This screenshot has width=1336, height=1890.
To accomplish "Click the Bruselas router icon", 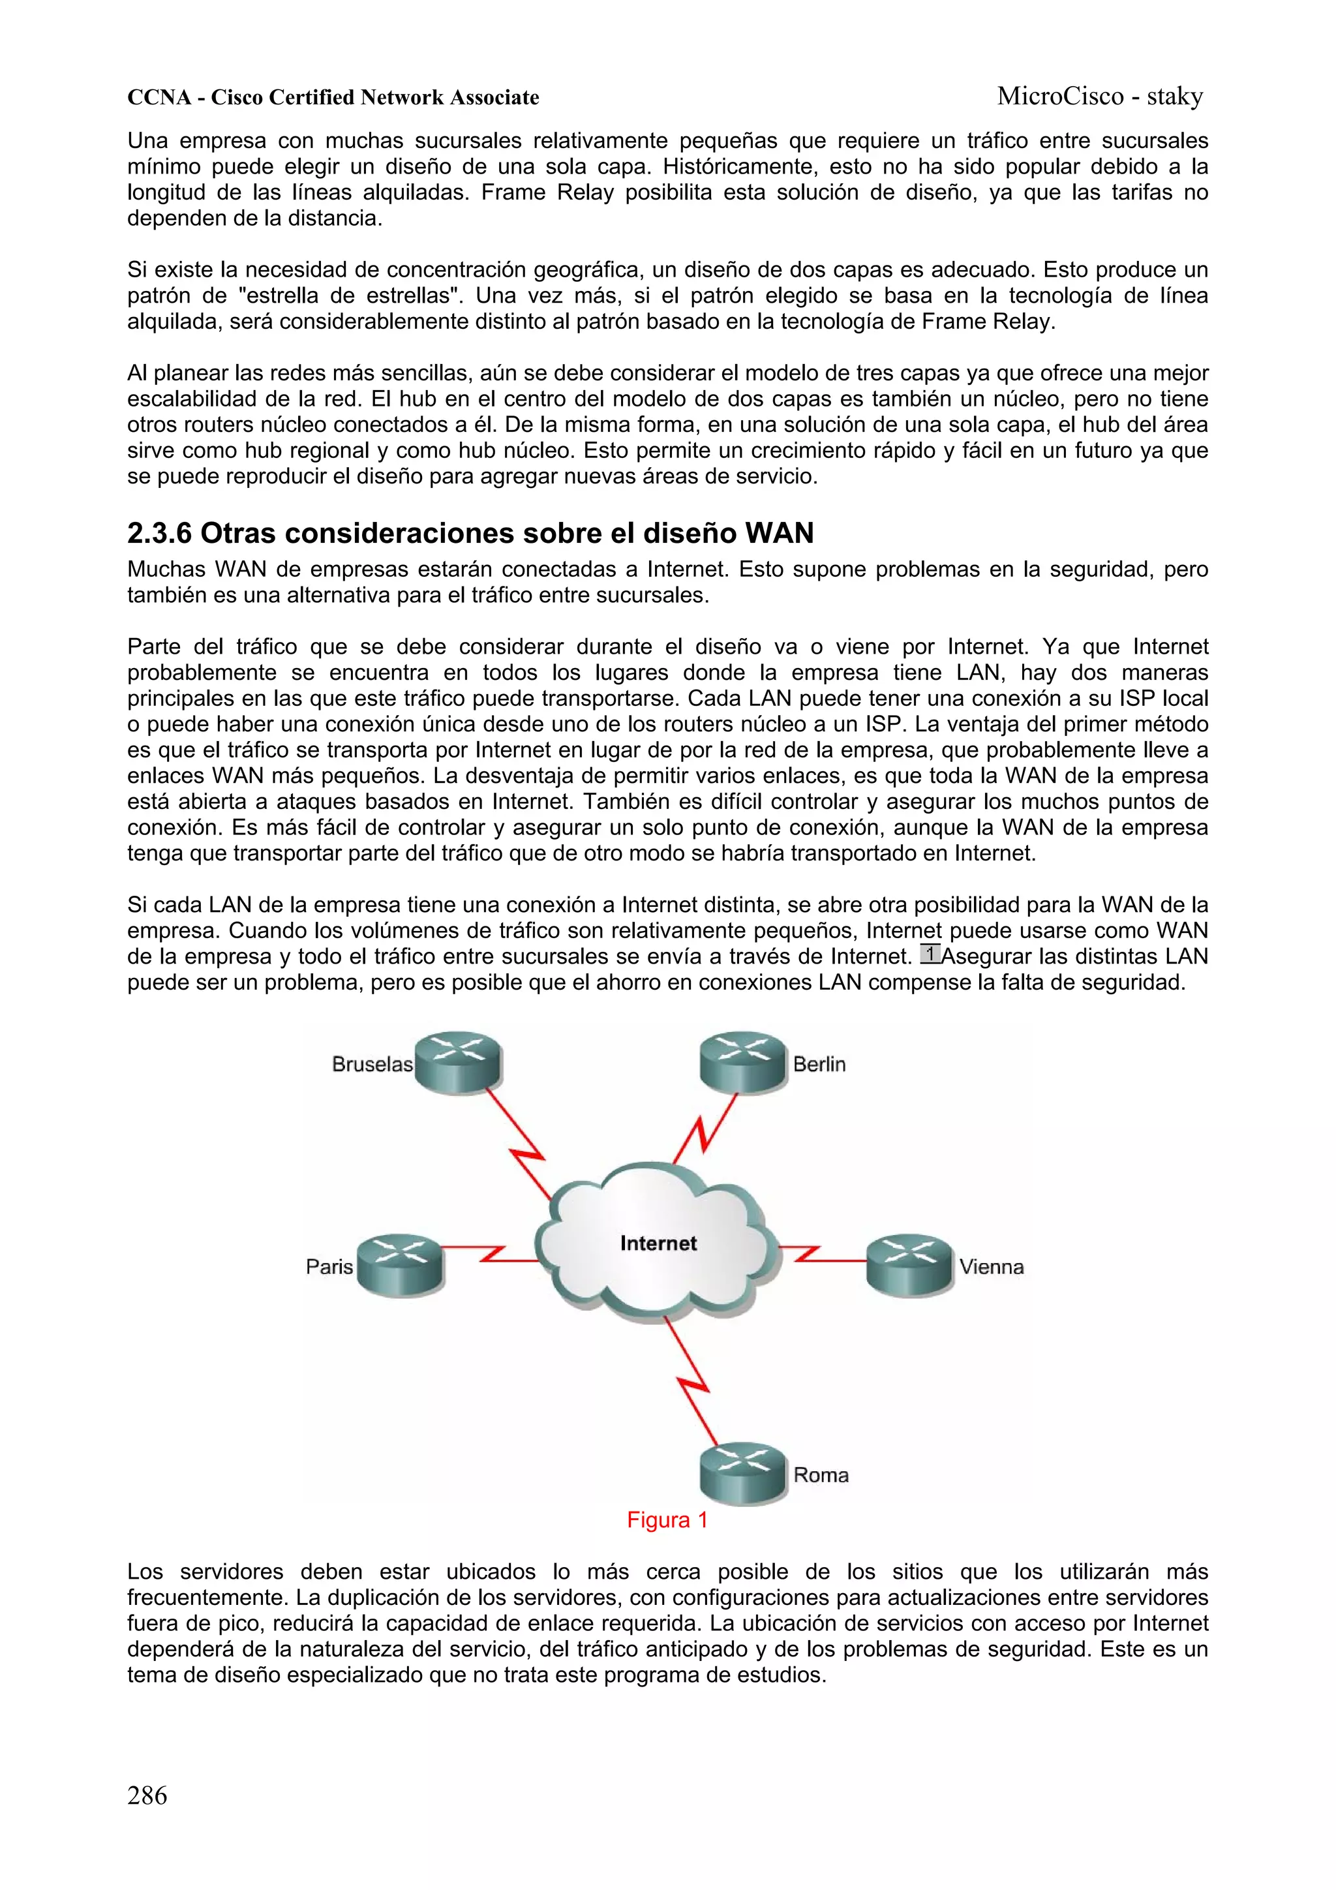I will point(458,1062).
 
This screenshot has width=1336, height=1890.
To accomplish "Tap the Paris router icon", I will point(400,1265).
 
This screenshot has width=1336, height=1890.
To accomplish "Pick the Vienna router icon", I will point(909,1265).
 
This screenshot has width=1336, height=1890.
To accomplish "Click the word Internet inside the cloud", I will point(658,1243).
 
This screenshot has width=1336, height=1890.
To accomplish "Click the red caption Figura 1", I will point(667,1519).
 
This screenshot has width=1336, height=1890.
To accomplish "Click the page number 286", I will point(147,1795).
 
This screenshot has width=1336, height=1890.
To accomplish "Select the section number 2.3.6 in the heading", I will point(159,534).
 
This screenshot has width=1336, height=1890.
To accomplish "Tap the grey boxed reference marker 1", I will point(930,953).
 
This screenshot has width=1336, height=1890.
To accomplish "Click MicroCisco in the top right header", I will point(1059,97).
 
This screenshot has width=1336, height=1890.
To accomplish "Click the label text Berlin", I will point(819,1064).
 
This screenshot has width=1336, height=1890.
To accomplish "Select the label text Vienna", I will point(991,1267).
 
